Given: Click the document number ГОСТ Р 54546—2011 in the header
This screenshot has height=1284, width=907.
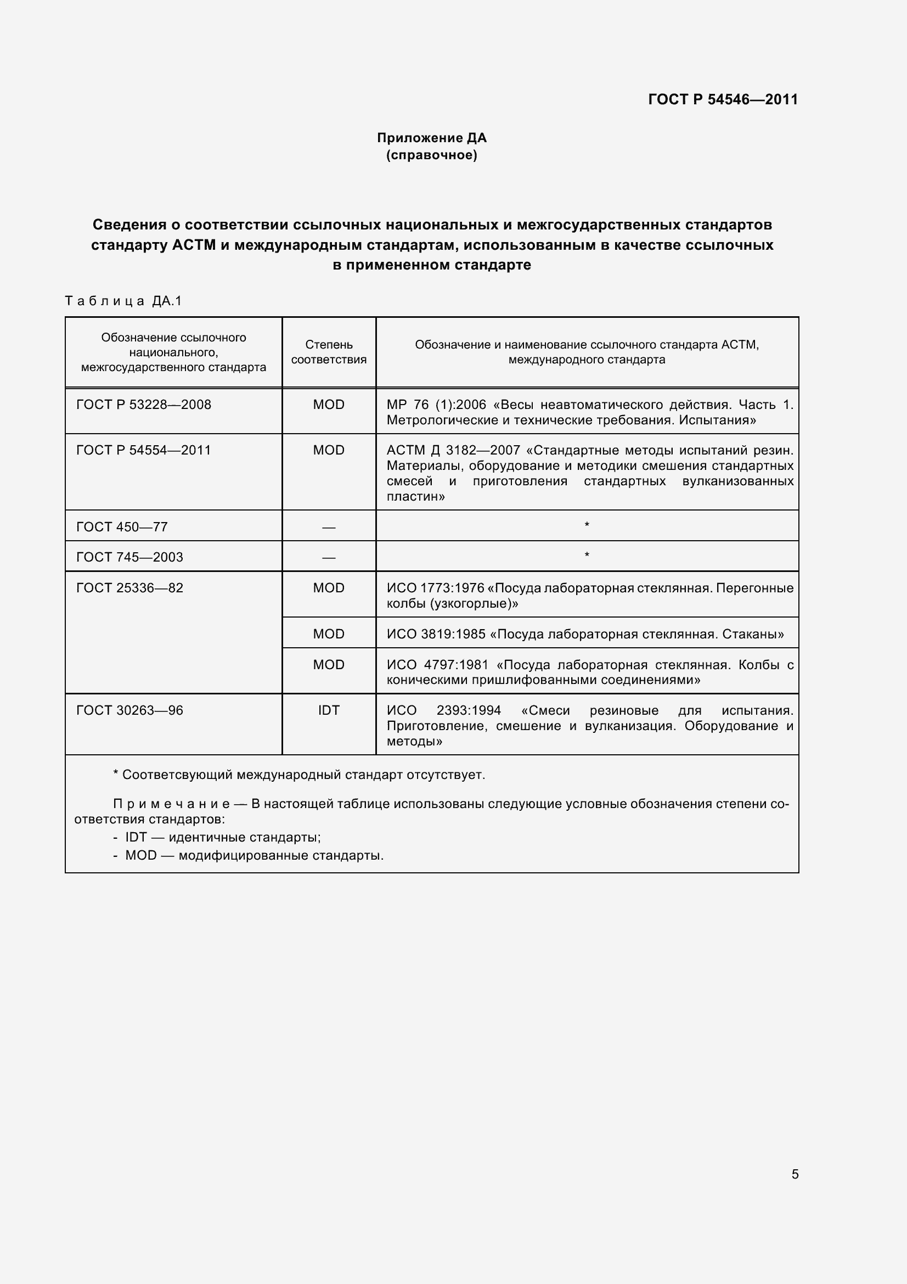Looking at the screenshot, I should (x=723, y=99).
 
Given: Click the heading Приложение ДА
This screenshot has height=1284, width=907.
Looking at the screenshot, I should (x=431, y=138).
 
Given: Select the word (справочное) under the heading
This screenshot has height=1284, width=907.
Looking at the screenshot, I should (x=431, y=155).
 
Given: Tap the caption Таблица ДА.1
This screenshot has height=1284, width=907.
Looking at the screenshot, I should (x=123, y=301).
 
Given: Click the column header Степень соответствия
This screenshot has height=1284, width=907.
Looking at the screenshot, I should (x=329, y=352).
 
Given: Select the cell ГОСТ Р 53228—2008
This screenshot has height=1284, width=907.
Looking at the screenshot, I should (x=144, y=405).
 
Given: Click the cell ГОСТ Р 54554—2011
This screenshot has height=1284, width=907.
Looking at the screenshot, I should (x=144, y=450).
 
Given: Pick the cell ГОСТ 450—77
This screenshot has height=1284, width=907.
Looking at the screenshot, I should (x=122, y=527).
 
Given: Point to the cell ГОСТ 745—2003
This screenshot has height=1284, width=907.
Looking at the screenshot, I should (x=129, y=557).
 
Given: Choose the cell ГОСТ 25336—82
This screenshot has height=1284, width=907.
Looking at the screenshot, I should (x=129, y=588).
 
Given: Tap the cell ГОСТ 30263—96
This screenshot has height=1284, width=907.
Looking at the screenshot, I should (x=129, y=710).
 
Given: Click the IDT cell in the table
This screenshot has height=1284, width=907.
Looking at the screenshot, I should (x=329, y=710).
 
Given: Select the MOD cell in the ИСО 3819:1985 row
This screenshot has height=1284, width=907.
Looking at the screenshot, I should (x=329, y=633).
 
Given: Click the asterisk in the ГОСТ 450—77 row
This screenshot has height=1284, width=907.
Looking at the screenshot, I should (x=587, y=525).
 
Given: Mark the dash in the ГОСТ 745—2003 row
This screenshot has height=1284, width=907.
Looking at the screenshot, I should (x=329, y=558).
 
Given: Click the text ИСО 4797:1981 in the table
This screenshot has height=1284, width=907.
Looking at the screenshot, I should (x=437, y=665).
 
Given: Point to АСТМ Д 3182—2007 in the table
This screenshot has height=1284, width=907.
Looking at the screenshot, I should (x=453, y=450).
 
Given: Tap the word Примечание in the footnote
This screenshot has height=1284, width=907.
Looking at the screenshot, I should (x=171, y=804).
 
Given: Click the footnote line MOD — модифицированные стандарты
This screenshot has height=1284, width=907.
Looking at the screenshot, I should (x=253, y=855).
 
